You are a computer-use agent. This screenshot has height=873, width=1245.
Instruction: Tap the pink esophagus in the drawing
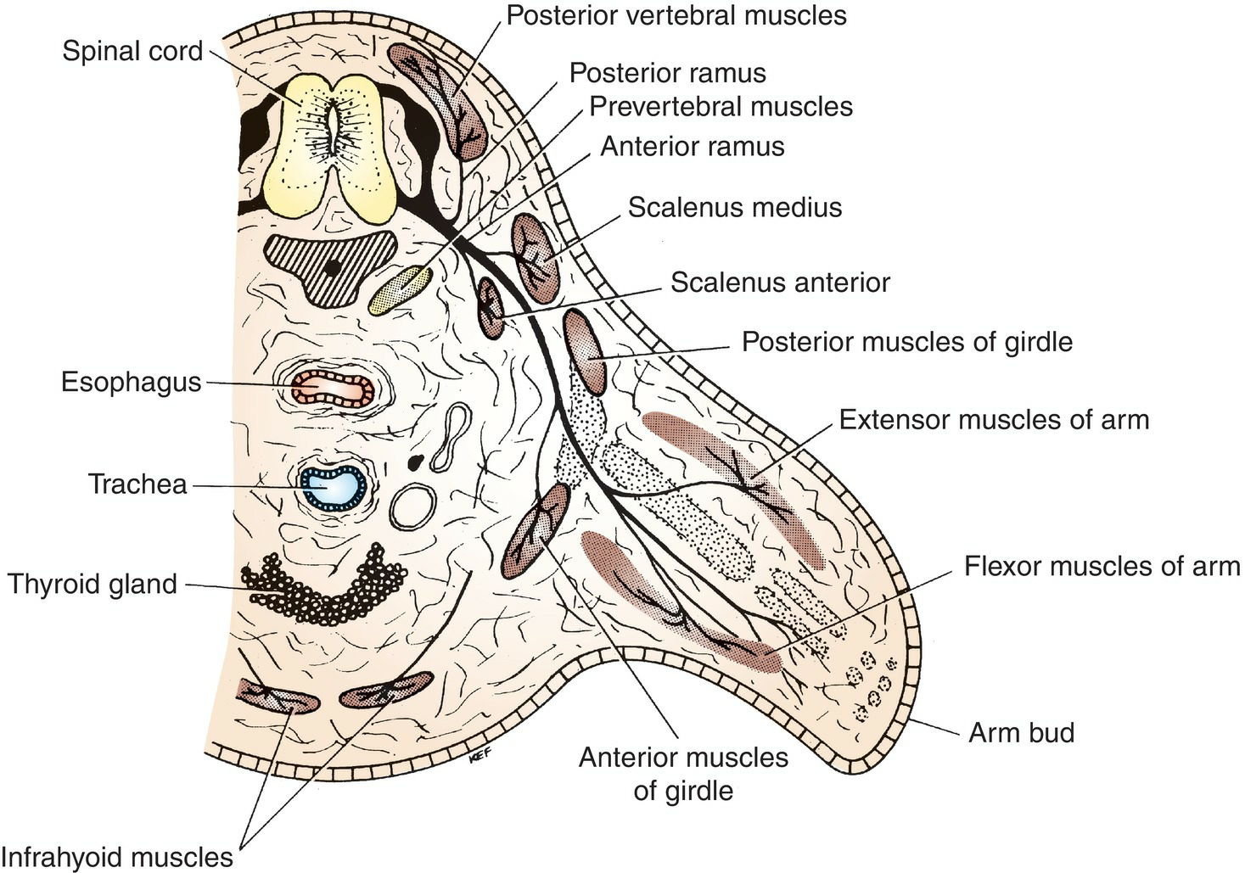click(332, 387)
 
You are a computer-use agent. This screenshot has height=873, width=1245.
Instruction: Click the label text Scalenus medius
click(734, 208)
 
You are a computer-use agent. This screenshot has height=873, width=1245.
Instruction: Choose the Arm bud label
click(1021, 732)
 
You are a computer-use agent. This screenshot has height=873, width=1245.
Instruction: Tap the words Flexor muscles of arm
click(1102, 566)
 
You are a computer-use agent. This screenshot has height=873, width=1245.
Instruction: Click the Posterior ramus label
click(667, 73)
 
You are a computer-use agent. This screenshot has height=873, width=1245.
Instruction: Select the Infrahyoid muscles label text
click(117, 857)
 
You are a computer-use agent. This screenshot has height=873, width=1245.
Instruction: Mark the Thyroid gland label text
click(93, 585)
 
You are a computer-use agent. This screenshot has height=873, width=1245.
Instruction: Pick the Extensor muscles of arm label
click(994, 419)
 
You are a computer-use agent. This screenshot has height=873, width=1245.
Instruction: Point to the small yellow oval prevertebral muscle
click(401, 289)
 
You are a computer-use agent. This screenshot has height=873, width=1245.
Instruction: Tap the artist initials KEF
click(479, 758)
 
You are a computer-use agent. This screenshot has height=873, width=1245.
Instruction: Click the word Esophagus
click(131, 382)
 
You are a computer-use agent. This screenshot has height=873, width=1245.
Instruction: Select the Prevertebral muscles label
click(721, 107)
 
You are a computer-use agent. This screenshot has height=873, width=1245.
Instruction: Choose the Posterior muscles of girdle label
click(906, 342)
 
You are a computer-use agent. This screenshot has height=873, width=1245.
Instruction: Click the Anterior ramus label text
click(692, 147)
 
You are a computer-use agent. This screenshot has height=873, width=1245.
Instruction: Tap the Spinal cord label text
click(132, 51)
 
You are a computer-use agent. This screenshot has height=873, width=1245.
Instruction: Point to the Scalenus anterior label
click(779, 283)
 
